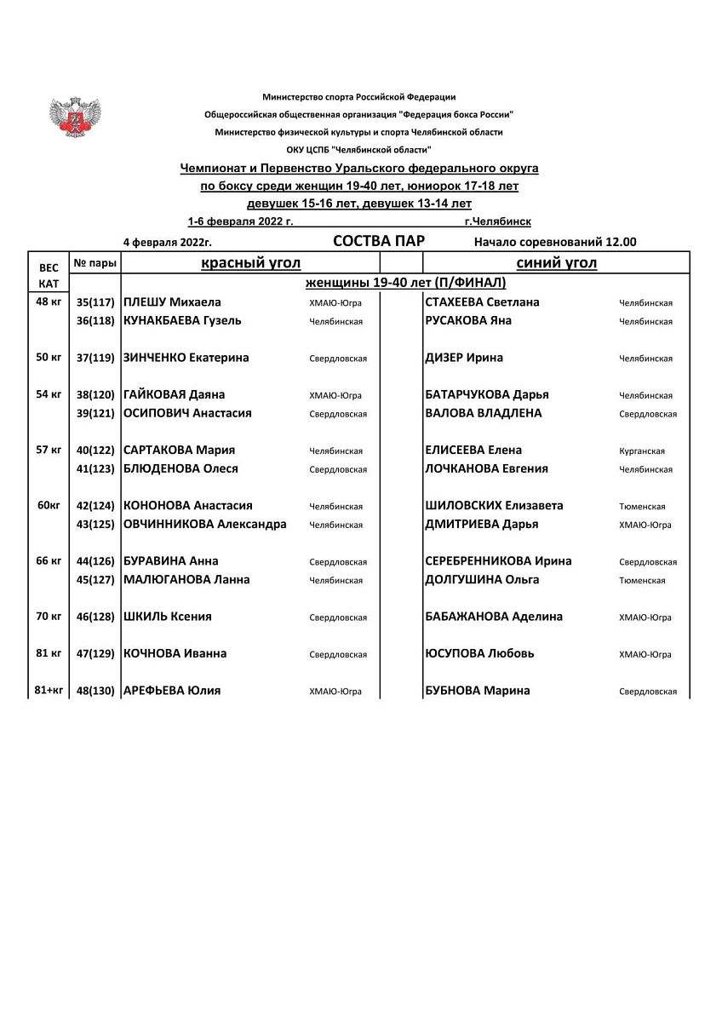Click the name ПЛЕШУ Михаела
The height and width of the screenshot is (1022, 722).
pos(173,302)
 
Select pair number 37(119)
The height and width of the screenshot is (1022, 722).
pos(95,359)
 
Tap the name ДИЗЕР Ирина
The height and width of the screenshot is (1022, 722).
pos(464,358)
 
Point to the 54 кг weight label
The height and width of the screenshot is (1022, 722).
pos(49,394)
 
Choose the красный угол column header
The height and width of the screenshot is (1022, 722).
pos(250,263)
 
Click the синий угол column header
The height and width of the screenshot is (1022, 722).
pos(556,263)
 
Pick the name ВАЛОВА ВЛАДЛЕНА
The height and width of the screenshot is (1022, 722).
pos(483,413)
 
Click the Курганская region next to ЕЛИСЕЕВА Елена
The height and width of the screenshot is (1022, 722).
pos(641,451)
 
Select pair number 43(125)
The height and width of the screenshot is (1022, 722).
pos(95,525)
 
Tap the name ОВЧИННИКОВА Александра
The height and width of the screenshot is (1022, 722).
pos(205,524)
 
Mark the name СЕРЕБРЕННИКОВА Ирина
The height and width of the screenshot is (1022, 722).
pos(498,560)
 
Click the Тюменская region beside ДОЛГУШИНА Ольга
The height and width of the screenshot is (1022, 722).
pos(642,581)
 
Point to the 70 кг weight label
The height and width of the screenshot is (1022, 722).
pos(49,616)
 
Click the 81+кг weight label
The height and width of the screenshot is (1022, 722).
pos(49,690)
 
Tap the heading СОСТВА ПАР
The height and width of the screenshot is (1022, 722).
pos(379,241)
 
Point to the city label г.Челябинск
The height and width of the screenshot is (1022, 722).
pos(498,221)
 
